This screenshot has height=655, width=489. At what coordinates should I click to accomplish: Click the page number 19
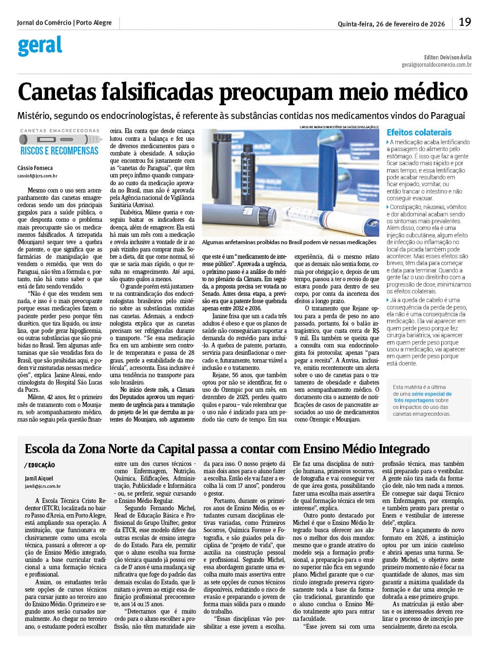pos(465,22)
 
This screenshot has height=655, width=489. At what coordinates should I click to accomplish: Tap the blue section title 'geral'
pos(40,46)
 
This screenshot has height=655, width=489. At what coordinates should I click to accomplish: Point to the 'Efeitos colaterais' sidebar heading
pos(419,133)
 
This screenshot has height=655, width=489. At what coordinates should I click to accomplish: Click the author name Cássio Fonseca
pos(35,168)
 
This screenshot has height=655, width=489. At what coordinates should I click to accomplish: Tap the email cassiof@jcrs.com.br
pos(37,176)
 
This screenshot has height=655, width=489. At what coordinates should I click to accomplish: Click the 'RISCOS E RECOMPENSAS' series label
pos(59,151)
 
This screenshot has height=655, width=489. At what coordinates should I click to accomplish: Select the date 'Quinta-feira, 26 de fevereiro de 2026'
pos(391,24)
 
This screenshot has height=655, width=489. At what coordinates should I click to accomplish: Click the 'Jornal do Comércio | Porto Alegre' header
pos(64,23)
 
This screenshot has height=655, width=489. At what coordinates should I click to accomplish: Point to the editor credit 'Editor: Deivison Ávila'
pos(448,57)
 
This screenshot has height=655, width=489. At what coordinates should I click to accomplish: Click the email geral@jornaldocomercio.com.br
pos(436,65)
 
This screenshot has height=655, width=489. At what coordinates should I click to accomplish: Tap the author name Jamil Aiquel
pos(39,479)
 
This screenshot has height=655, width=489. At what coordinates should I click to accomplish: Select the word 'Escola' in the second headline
pos(47,449)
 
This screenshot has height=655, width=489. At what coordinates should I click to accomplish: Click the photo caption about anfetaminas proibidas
pos(289,242)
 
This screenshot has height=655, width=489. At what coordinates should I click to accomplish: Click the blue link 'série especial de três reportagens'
pos(423,397)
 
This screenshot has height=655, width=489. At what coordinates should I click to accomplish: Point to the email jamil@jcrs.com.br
pos(42,486)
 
